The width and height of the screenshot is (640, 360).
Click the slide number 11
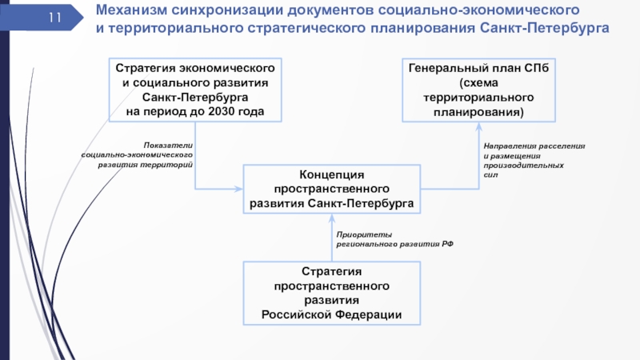[55, 17]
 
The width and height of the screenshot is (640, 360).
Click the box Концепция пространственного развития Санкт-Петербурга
[331, 189]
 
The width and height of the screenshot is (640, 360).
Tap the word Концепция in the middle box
[331, 174]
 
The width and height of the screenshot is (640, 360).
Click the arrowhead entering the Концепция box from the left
[238, 189]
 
